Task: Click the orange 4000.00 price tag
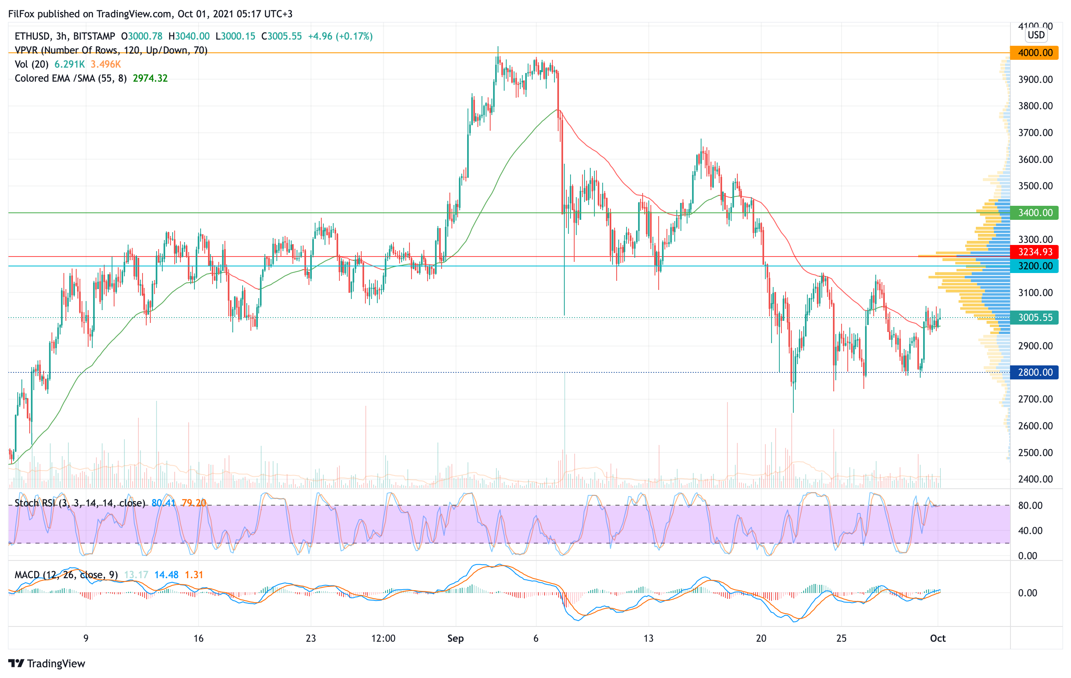[1034, 53]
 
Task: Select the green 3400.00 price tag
[1034, 213]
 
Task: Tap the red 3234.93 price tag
[1034, 252]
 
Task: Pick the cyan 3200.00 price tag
[1034, 266]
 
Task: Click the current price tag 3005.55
[1034, 318]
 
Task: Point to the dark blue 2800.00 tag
[1034, 372]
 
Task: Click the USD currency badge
[1036, 35]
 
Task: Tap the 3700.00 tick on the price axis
[1036, 133]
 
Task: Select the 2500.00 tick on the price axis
[1036, 453]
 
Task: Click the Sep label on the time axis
[456, 638]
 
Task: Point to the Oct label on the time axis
[938, 638]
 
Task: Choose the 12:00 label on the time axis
[383, 638]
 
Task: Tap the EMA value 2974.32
[150, 78]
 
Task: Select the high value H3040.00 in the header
[189, 36]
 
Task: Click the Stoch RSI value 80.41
[163, 503]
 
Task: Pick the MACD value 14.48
[166, 575]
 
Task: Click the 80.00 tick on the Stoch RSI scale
[1030, 506]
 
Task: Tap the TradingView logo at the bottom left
[47, 663]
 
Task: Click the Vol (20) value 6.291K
[69, 64]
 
